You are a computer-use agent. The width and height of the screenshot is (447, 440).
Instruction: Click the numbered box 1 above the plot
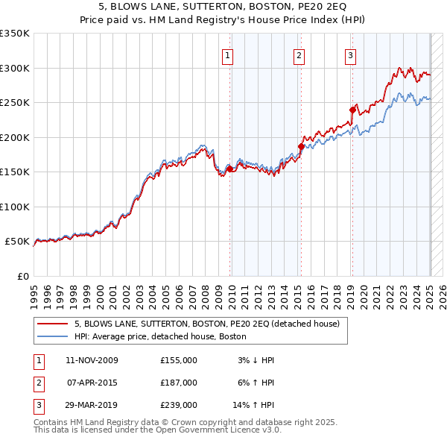(x=226, y=54)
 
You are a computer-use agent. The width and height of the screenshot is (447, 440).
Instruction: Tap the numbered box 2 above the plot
(x=298, y=54)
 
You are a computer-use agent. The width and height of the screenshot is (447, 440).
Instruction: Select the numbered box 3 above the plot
(x=349, y=54)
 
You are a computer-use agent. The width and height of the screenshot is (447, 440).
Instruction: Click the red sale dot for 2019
(x=352, y=110)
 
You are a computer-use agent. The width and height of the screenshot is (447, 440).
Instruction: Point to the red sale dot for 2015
(x=301, y=146)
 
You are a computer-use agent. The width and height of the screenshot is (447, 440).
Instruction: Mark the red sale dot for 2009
(x=230, y=169)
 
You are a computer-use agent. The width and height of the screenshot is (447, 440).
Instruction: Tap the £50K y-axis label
(x=17, y=242)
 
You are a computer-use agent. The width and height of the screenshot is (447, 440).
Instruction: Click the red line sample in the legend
(x=52, y=324)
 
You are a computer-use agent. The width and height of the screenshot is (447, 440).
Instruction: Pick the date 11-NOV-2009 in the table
(x=92, y=360)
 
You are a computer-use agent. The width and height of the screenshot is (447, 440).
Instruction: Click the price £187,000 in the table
(x=179, y=383)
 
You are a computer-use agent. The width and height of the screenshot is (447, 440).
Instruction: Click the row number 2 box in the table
(x=37, y=383)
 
